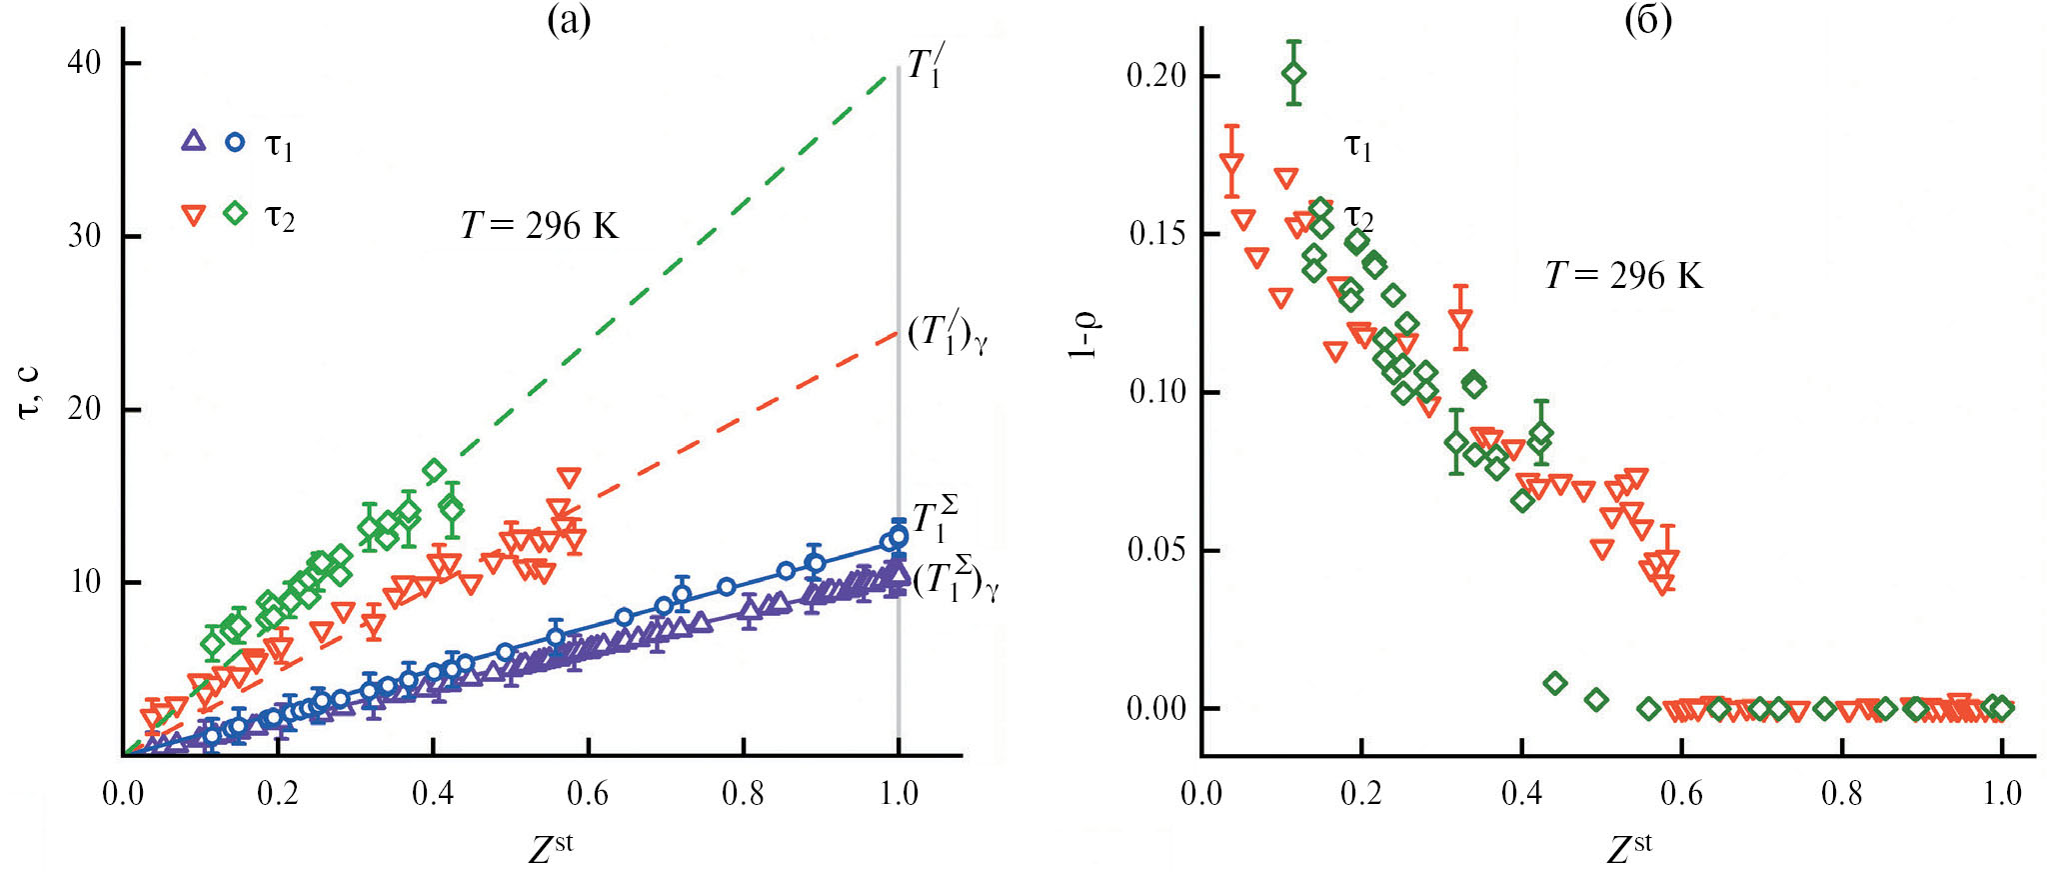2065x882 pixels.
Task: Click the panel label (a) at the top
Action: [x=569, y=19]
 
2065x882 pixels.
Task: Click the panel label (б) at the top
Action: [x=1647, y=19]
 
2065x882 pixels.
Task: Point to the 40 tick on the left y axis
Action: [x=84, y=63]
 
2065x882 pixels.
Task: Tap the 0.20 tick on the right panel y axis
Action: [x=1157, y=76]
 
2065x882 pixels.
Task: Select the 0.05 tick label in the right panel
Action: [x=1157, y=550]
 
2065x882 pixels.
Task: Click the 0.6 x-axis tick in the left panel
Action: [x=588, y=794]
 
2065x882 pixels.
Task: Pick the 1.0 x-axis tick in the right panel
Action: [x=2002, y=794]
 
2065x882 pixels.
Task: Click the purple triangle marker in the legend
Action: [x=193, y=141]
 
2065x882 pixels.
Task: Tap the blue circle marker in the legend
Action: [x=235, y=142]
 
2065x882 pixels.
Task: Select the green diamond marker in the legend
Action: [x=235, y=213]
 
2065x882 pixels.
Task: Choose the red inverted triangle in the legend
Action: [x=193, y=215]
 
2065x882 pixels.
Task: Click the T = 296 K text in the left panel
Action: [x=540, y=226]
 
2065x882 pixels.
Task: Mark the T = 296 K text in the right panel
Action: [x=1623, y=275]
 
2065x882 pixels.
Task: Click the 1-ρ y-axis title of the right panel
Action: [x=1085, y=335]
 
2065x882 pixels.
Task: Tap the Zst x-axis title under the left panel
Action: [x=550, y=848]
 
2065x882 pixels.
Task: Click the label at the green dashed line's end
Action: [x=925, y=67]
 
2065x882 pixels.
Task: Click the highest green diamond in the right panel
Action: [x=1294, y=74]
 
